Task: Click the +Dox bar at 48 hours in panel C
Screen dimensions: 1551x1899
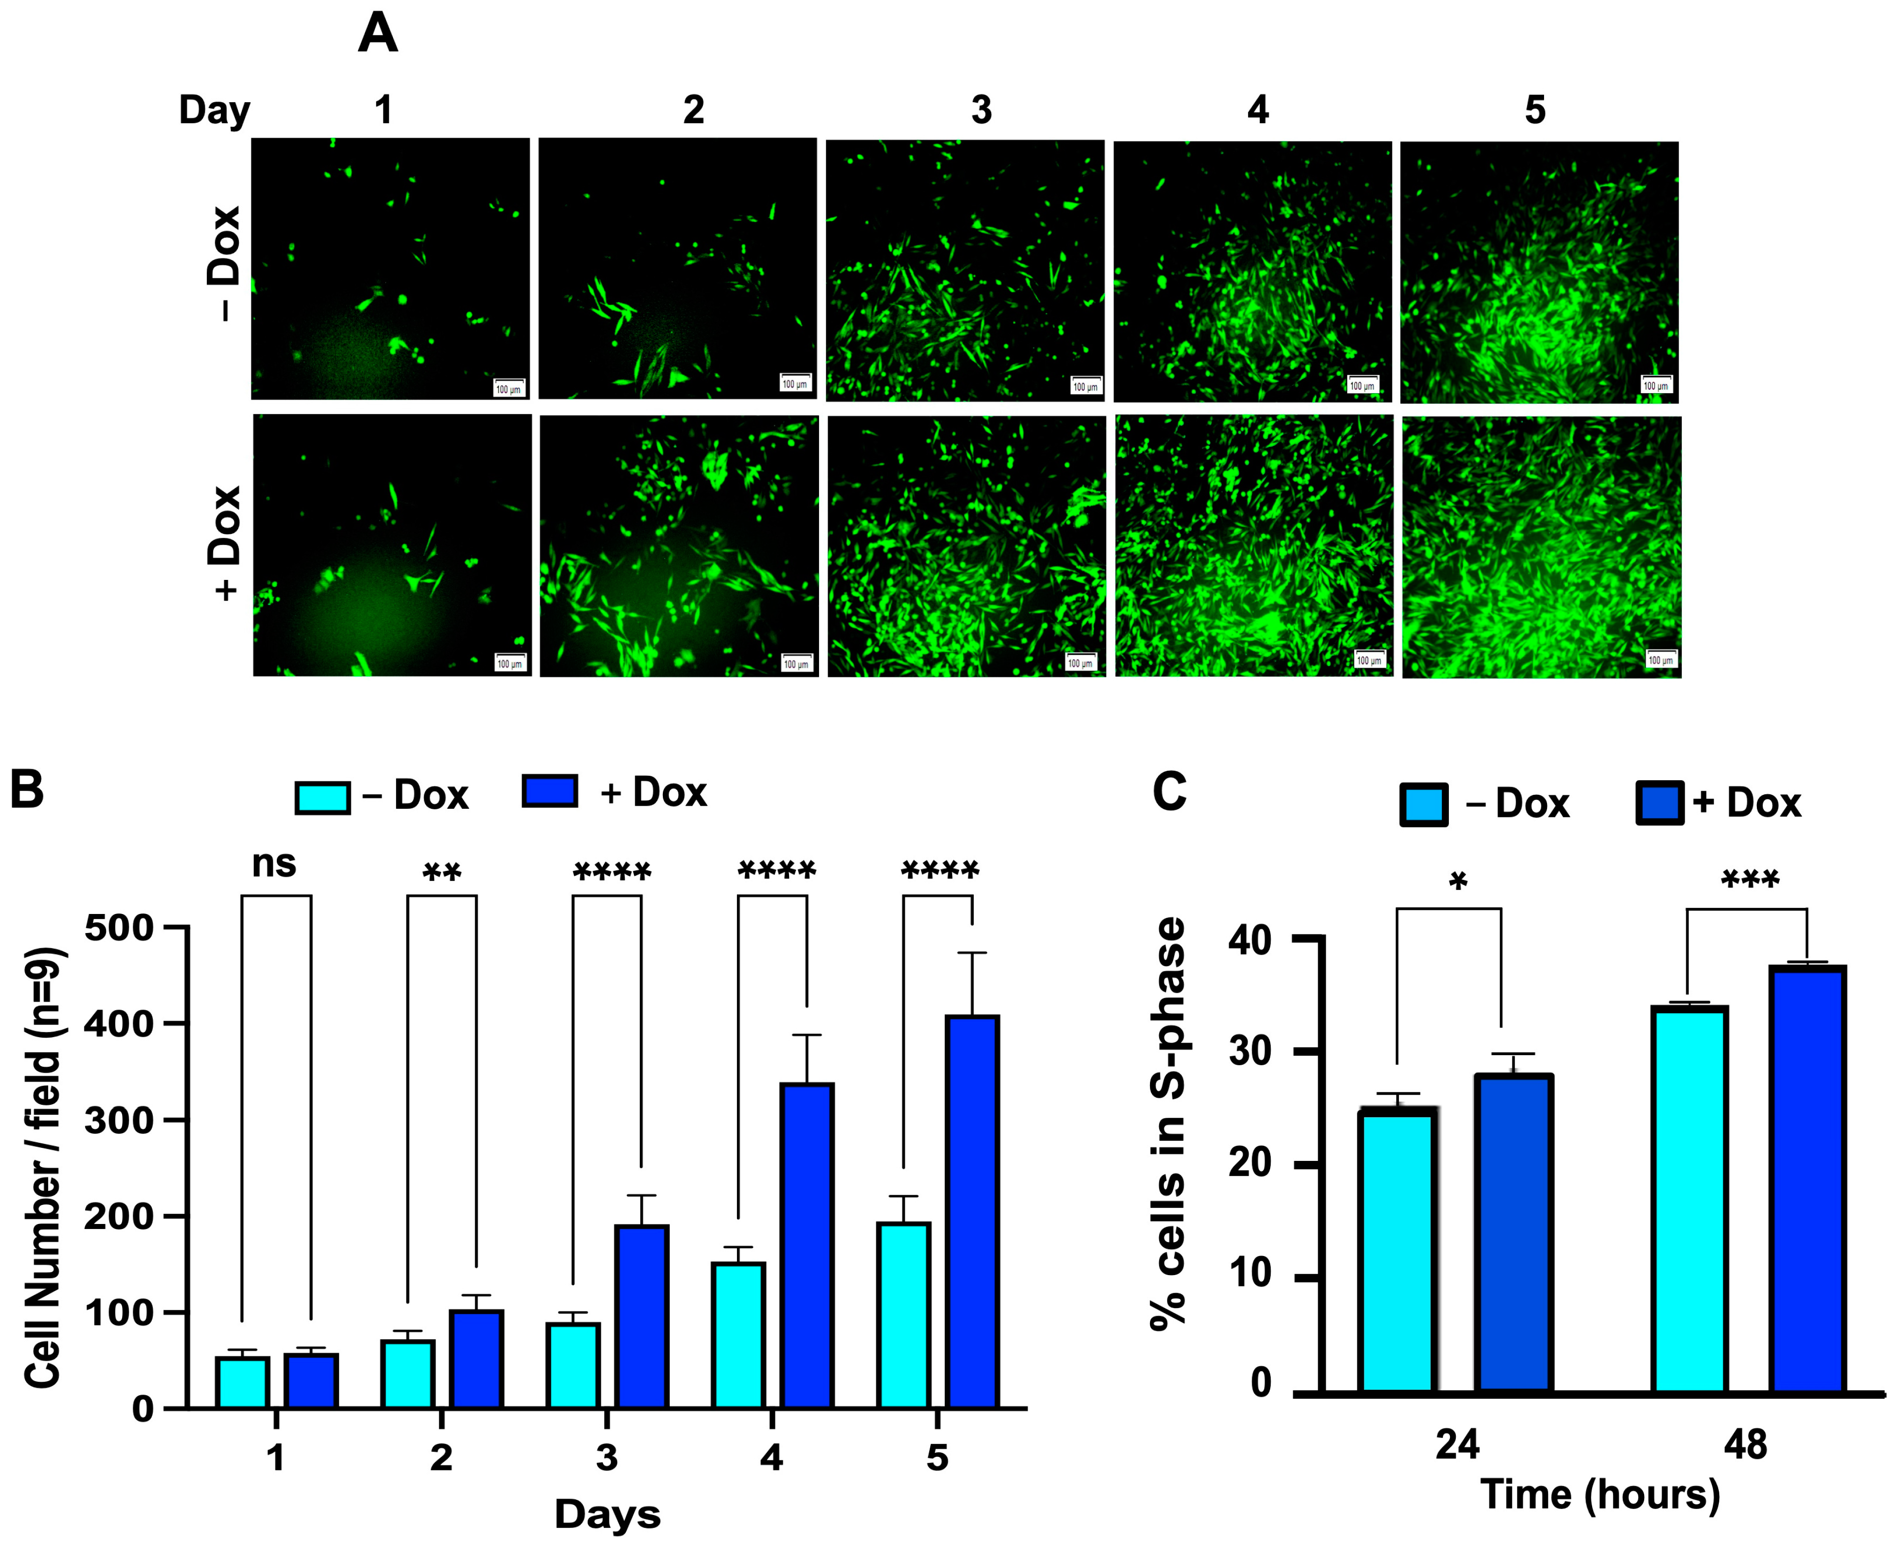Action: pos(1808,1179)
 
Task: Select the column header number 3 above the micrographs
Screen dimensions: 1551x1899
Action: pos(981,110)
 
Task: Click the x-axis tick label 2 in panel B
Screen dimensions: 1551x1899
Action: pos(441,1457)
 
